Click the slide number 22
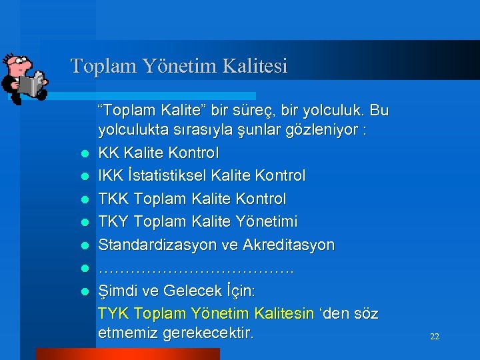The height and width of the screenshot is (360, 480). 435,337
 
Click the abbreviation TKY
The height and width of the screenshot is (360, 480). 114,221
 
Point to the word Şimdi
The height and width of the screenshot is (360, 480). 117,291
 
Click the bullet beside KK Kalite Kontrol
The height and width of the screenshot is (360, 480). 85,154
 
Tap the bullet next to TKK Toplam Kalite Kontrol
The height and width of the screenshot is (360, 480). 85,199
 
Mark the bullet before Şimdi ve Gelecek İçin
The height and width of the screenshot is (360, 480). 85,291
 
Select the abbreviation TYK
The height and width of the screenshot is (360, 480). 113,313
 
